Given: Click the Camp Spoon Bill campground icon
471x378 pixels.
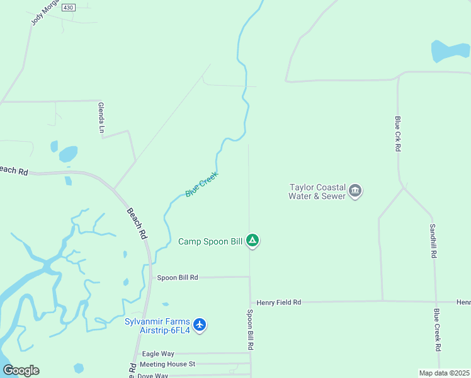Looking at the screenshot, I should [253, 240].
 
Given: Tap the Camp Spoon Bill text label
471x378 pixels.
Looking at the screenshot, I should [210, 241].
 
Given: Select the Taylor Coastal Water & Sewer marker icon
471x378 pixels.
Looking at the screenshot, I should [355, 191].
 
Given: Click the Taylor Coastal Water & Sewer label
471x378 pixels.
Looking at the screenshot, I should [317, 192].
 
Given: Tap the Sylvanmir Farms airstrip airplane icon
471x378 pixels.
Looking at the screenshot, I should [200, 324].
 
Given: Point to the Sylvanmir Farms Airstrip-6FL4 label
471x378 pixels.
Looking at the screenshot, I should [158, 325].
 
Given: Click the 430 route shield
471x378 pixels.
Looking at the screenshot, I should [69, 7].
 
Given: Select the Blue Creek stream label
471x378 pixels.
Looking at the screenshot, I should [201, 184].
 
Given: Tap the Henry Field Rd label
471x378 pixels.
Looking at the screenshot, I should [276, 302].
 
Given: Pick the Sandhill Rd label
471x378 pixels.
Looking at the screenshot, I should [433, 241].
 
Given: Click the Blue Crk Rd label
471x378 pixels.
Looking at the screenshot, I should [398, 134].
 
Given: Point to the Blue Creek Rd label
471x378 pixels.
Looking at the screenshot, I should [437, 329].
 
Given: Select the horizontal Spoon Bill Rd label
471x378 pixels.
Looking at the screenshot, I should [178, 277].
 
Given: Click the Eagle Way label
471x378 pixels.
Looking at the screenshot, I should [158, 354].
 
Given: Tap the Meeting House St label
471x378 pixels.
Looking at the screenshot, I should [167, 364].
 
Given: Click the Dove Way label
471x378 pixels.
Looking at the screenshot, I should [152, 375].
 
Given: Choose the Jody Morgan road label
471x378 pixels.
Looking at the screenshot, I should [44, 13].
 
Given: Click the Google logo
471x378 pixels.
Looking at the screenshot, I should [21, 370].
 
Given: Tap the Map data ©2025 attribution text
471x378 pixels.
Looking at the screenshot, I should [444, 373].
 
